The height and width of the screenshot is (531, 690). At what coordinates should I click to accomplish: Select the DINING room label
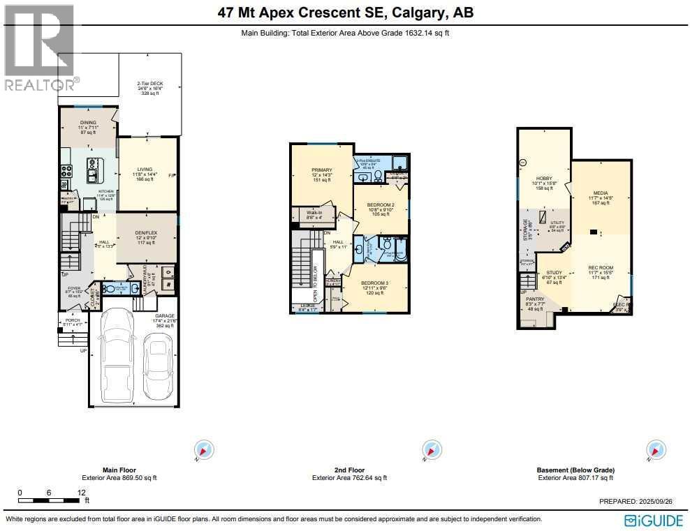point(87,123)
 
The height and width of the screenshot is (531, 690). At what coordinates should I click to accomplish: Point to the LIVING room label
point(145,168)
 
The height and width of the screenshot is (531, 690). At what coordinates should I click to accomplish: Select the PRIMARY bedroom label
point(322,170)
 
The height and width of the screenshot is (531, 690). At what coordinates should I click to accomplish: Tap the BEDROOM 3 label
point(374,284)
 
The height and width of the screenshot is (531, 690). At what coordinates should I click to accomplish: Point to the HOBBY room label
point(544,179)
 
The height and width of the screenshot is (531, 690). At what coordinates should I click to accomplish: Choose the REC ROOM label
point(601,268)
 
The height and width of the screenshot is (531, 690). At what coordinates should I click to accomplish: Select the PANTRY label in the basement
point(535,299)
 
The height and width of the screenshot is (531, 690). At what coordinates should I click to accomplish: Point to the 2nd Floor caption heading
point(348,470)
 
